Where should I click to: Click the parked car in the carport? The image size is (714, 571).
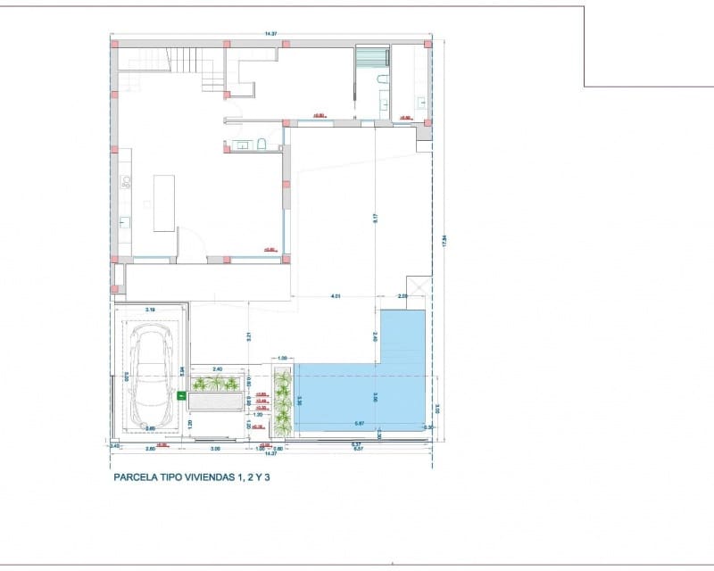pyautogui.click(x=150, y=376)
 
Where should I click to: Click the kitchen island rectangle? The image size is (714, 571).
pyautogui.click(x=163, y=203)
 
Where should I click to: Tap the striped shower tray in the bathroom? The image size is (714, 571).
pyautogui.click(x=372, y=56)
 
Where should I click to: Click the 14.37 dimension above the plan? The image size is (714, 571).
pyautogui.click(x=270, y=34)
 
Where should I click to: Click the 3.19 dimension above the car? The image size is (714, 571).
pyautogui.click(x=150, y=310)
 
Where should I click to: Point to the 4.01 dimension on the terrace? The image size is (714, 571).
pyautogui.click(x=336, y=294)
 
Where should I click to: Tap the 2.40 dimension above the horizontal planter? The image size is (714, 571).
pyautogui.click(x=217, y=368)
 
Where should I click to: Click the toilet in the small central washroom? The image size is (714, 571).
pyautogui.click(x=262, y=144)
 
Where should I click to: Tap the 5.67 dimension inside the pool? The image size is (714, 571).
pyautogui.click(x=358, y=423)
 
